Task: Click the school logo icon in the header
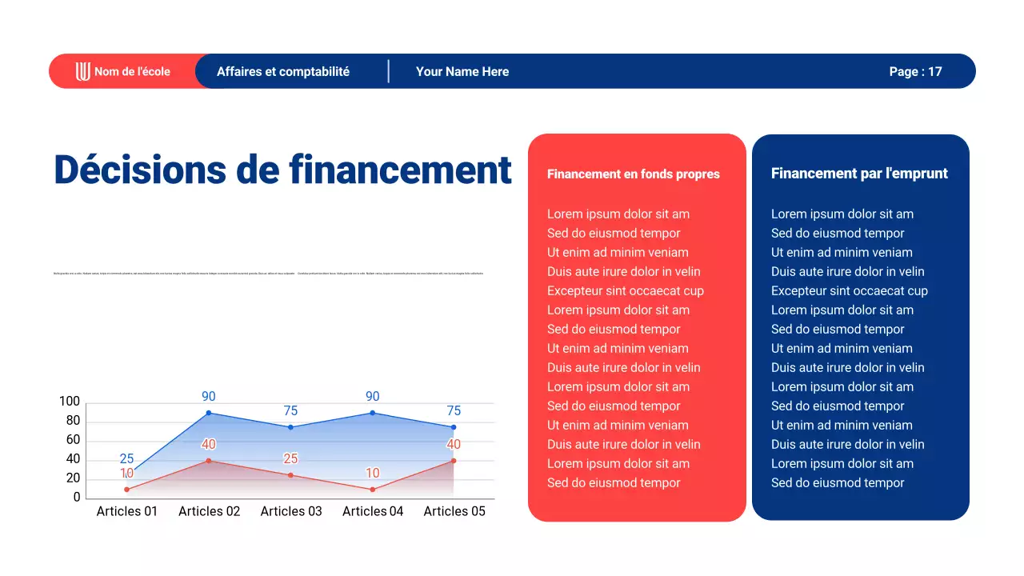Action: [x=83, y=71]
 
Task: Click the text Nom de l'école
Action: [x=132, y=71]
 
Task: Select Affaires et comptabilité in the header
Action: [x=283, y=71]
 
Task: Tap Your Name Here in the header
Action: [x=462, y=71]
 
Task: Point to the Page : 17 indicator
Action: [x=915, y=71]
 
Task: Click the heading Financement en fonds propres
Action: [x=634, y=174]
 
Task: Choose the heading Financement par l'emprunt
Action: [x=859, y=174]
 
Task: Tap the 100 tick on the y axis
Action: [x=70, y=402]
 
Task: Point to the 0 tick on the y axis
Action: [x=77, y=498]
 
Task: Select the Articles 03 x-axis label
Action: [x=291, y=511]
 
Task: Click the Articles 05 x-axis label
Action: [x=454, y=511]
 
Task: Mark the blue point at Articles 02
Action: [x=209, y=413]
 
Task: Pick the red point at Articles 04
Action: [x=373, y=489]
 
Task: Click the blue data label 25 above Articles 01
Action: [x=126, y=459]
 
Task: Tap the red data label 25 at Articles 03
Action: [x=290, y=459]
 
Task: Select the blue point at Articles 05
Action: [x=454, y=427]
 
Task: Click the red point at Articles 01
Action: [x=126, y=489]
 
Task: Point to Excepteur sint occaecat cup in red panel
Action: [x=626, y=291]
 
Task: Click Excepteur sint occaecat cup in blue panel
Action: [x=850, y=291]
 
